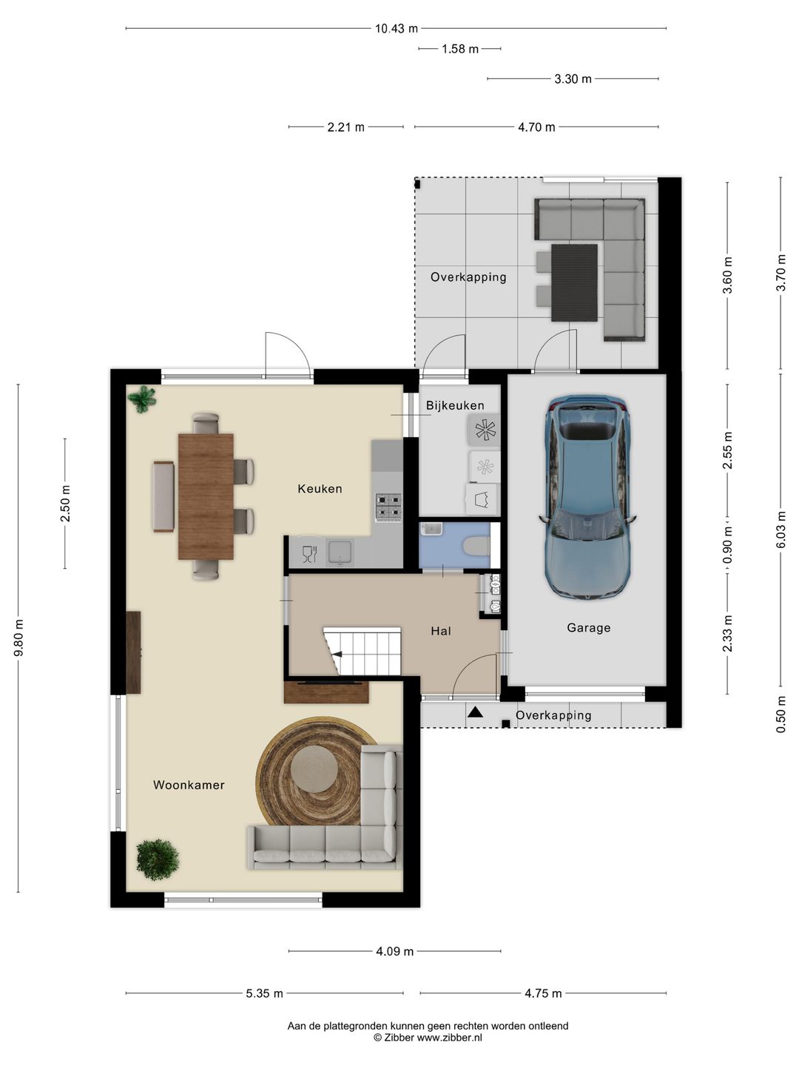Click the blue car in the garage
tap(587, 497)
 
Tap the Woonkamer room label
tap(189, 785)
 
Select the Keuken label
tap(320, 489)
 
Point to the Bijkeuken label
tap(455, 405)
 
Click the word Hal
tap(441, 632)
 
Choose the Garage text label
tap(588, 628)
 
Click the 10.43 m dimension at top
tap(397, 29)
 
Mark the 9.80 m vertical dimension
tap(18, 638)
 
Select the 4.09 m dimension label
tap(395, 951)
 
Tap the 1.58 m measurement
tap(460, 49)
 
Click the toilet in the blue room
tap(476, 545)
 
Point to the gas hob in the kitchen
tap(388, 507)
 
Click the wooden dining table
tap(206, 496)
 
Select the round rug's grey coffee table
tap(314, 769)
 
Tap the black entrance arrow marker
tap(475, 711)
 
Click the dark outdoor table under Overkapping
tap(574, 283)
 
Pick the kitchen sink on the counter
tap(340, 553)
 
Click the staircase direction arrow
tap(337, 655)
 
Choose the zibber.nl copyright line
tap(428, 1038)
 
